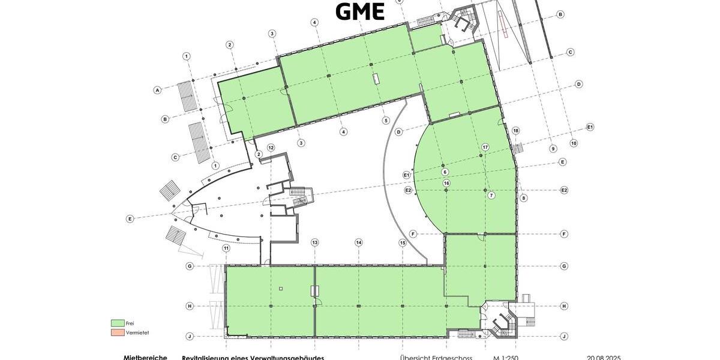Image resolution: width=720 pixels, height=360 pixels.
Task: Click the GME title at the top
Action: click(x=359, y=11)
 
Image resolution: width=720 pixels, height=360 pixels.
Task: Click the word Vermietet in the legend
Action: click(x=137, y=332)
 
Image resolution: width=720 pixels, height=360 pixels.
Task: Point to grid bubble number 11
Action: click(x=226, y=248)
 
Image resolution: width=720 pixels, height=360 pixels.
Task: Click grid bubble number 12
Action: click(x=271, y=148)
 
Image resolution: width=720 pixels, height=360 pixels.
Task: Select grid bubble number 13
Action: click(x=314, y=242)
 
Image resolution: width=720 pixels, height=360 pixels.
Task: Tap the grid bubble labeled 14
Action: click(x=358, y=242)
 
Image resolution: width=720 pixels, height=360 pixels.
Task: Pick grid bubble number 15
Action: click(x=403, y=242)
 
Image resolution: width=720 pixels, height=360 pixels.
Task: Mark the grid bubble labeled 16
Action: click(x=446, y=183)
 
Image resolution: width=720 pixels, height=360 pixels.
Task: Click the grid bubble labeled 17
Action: click(x=485, y=147)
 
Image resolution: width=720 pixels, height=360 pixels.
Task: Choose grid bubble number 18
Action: click(x=515, y=131)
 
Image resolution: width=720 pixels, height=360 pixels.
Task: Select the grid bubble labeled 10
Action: click(x=574, y=143)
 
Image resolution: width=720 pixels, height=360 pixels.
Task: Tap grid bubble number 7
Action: click(x=491, y=196)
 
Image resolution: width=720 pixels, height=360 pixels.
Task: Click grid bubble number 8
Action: click(x=524, y=198)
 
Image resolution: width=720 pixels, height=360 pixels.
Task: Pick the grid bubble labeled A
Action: click(x=158, y=91)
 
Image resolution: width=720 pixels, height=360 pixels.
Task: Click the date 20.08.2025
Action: click(x=603, y=358)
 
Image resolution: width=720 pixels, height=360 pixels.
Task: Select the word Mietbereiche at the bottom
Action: click(x=145, y=358)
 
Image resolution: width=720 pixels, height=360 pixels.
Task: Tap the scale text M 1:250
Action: click(x=506, y=358)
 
